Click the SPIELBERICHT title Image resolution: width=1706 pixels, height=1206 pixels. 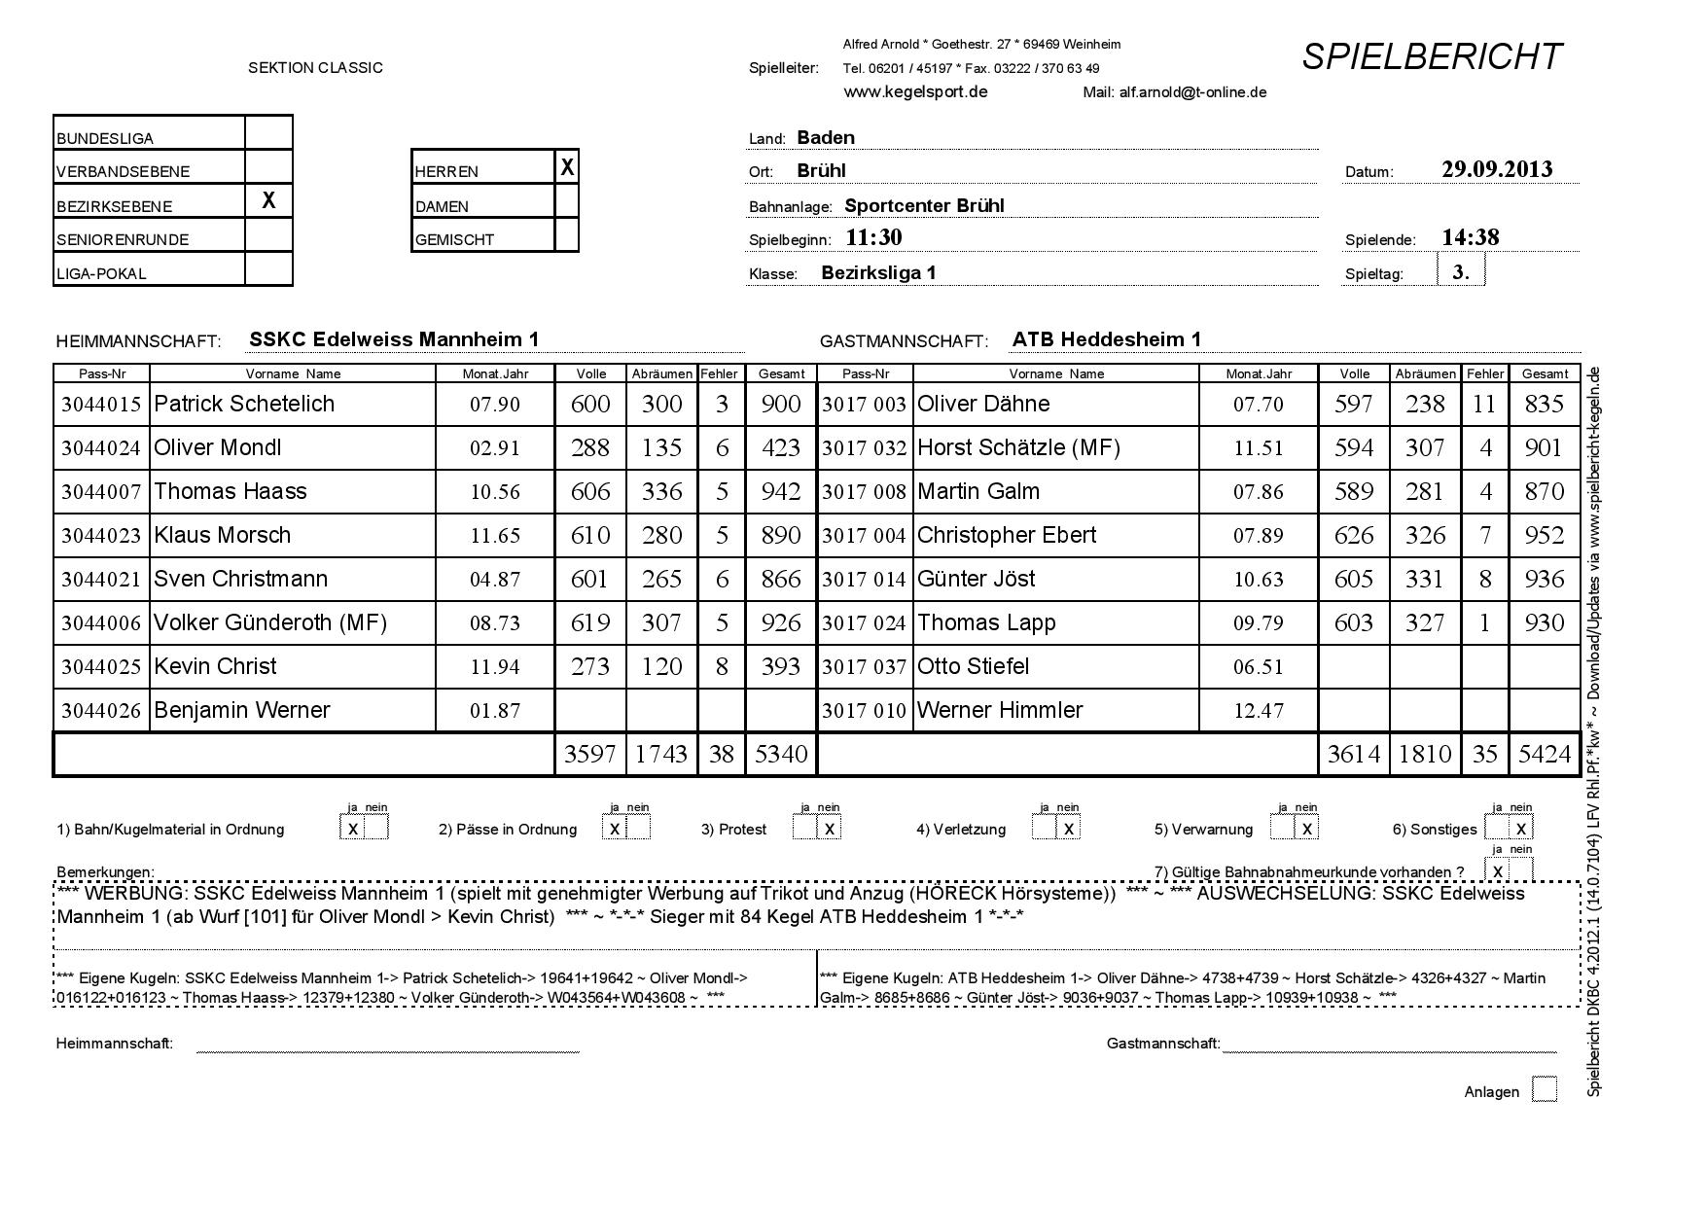[1432, 57]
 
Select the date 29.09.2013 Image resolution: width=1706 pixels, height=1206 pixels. [1497, 169]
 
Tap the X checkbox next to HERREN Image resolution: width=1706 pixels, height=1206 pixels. [567, 168]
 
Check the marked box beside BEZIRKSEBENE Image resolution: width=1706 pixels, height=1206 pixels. [268, 201]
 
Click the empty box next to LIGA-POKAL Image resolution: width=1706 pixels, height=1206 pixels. [268, 269]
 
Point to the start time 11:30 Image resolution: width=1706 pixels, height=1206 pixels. [873, 237]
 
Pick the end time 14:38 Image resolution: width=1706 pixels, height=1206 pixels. [1470, 237]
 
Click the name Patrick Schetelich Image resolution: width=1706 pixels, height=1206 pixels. [244, 405]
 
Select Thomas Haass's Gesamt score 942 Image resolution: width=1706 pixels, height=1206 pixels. [780, 492]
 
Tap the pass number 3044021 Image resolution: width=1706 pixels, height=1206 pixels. [101, 580]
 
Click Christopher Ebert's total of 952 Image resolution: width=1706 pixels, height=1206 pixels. [1544, 536]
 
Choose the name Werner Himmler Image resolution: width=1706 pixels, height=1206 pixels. [999, 711]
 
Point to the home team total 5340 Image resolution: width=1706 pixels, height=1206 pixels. [780, 755]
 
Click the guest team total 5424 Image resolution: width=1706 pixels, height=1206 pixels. [1544, 755]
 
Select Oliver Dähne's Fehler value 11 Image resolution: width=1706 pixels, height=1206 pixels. [1484, 405]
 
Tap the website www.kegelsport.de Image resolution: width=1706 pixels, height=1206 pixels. [915, 92]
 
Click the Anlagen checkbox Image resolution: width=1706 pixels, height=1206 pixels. [1544, 1089]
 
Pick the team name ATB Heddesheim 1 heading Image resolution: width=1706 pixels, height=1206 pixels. [1106, 339]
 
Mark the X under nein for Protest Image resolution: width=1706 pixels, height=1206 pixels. [830, 829]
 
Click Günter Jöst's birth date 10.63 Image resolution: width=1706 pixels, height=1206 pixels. [1258, 580]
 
